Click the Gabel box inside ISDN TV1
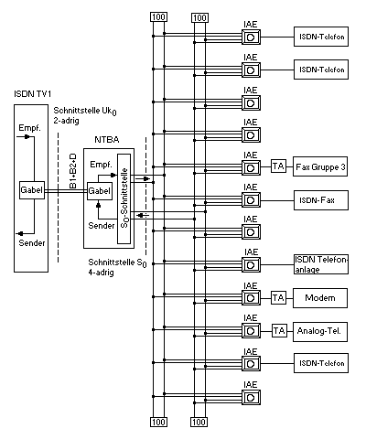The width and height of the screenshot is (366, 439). (32, 190)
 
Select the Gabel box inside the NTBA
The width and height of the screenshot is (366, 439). (100, 191)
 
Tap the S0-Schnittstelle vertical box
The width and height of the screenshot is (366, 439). (124, 198)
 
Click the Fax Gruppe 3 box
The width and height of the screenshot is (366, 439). (320, 166)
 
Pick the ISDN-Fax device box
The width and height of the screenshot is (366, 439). (321, 200)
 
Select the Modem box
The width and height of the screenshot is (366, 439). (320, 298)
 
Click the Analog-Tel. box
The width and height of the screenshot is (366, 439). (320, 332)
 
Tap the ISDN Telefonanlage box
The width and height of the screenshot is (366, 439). (321, 264)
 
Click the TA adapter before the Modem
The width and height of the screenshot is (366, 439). (279, 298)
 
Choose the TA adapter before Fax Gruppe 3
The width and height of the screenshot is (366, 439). (279, 166)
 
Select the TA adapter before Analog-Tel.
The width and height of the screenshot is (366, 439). (279, 331)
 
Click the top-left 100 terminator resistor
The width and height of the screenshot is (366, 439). (158, 17)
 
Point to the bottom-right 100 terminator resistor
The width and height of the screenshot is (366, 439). (199, 423)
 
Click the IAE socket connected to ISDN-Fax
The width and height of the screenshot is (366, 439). (251, 200)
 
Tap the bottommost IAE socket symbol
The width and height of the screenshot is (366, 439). (251, 398)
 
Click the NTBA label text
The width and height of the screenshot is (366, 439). (107, 140)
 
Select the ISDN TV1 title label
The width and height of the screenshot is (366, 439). (32, 94)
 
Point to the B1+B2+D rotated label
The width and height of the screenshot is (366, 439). (72, 171)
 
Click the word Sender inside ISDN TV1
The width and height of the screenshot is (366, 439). (32, 243)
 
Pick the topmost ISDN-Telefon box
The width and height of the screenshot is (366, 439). (321, 37)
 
